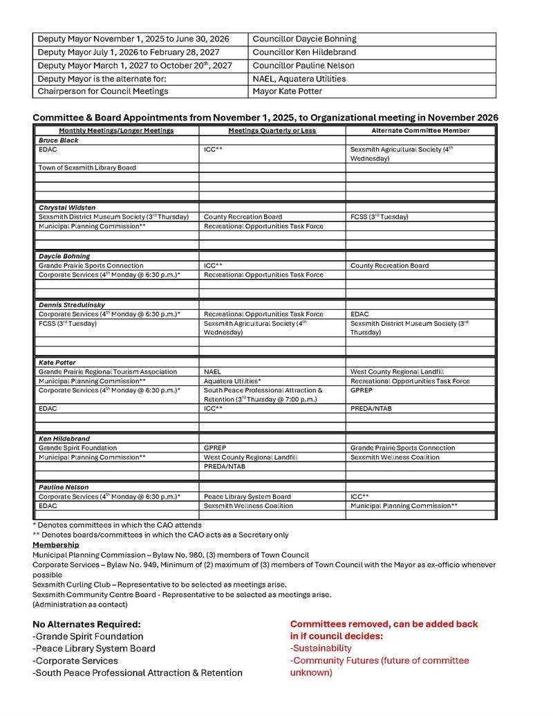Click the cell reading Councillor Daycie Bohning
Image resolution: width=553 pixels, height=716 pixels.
304,39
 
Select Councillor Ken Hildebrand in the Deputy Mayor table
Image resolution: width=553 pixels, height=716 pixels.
304,53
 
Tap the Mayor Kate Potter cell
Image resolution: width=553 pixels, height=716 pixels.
287,91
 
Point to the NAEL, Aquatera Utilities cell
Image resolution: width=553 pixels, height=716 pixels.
299,79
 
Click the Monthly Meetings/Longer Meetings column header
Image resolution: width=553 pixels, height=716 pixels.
116,131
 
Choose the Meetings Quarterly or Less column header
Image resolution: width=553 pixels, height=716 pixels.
272,131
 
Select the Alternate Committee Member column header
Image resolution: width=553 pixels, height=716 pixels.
420,131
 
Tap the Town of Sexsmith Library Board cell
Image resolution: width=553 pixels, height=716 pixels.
87,168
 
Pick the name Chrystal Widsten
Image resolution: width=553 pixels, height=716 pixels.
66,208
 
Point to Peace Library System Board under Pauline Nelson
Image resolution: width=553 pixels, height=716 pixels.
247,497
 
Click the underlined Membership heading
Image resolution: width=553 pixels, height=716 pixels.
55,545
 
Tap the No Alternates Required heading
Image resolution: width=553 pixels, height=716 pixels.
86,624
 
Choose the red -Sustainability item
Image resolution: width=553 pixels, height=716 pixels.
321,648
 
